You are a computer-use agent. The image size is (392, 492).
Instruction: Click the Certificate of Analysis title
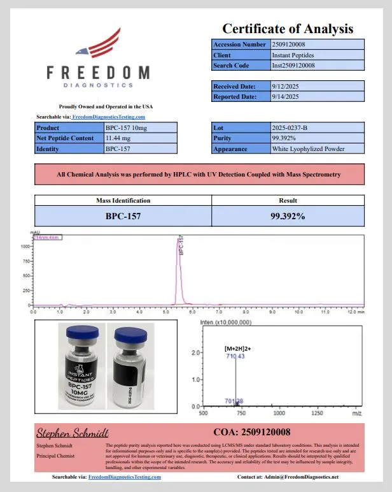click(x=287, y=29)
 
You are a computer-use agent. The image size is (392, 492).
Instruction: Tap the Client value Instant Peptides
click(x=293, y=55)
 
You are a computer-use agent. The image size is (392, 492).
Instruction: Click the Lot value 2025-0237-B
click(x=290, y=128)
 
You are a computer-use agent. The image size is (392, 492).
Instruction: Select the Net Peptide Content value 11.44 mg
click(x=118, y=138)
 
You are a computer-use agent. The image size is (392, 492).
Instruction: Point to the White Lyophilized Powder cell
click(x=308, y=148)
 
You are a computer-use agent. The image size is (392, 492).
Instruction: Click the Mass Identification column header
click(x=123, y=200)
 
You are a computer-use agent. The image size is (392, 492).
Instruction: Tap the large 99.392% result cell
click(x=288, y=216)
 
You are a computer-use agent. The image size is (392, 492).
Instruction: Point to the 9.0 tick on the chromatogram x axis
click(x=272, y=312)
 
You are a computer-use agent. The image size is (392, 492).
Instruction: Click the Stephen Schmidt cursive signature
click(x=72, y=433)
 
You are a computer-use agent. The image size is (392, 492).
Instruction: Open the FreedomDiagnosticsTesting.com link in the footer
click(x=125, y=477)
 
